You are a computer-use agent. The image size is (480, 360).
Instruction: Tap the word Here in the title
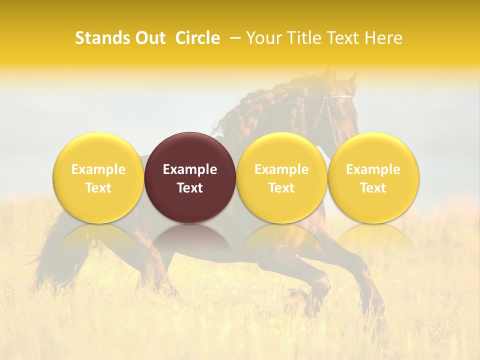click(383, 38)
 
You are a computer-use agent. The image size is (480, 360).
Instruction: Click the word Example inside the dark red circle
click(190, 169)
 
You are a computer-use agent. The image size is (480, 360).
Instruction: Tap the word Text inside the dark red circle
click(190, 188)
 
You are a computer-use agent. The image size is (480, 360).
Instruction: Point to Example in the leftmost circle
click(98, 169)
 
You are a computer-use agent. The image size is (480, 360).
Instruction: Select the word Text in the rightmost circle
click(373, 188)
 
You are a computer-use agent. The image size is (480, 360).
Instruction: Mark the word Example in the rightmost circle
click(373, 169)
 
